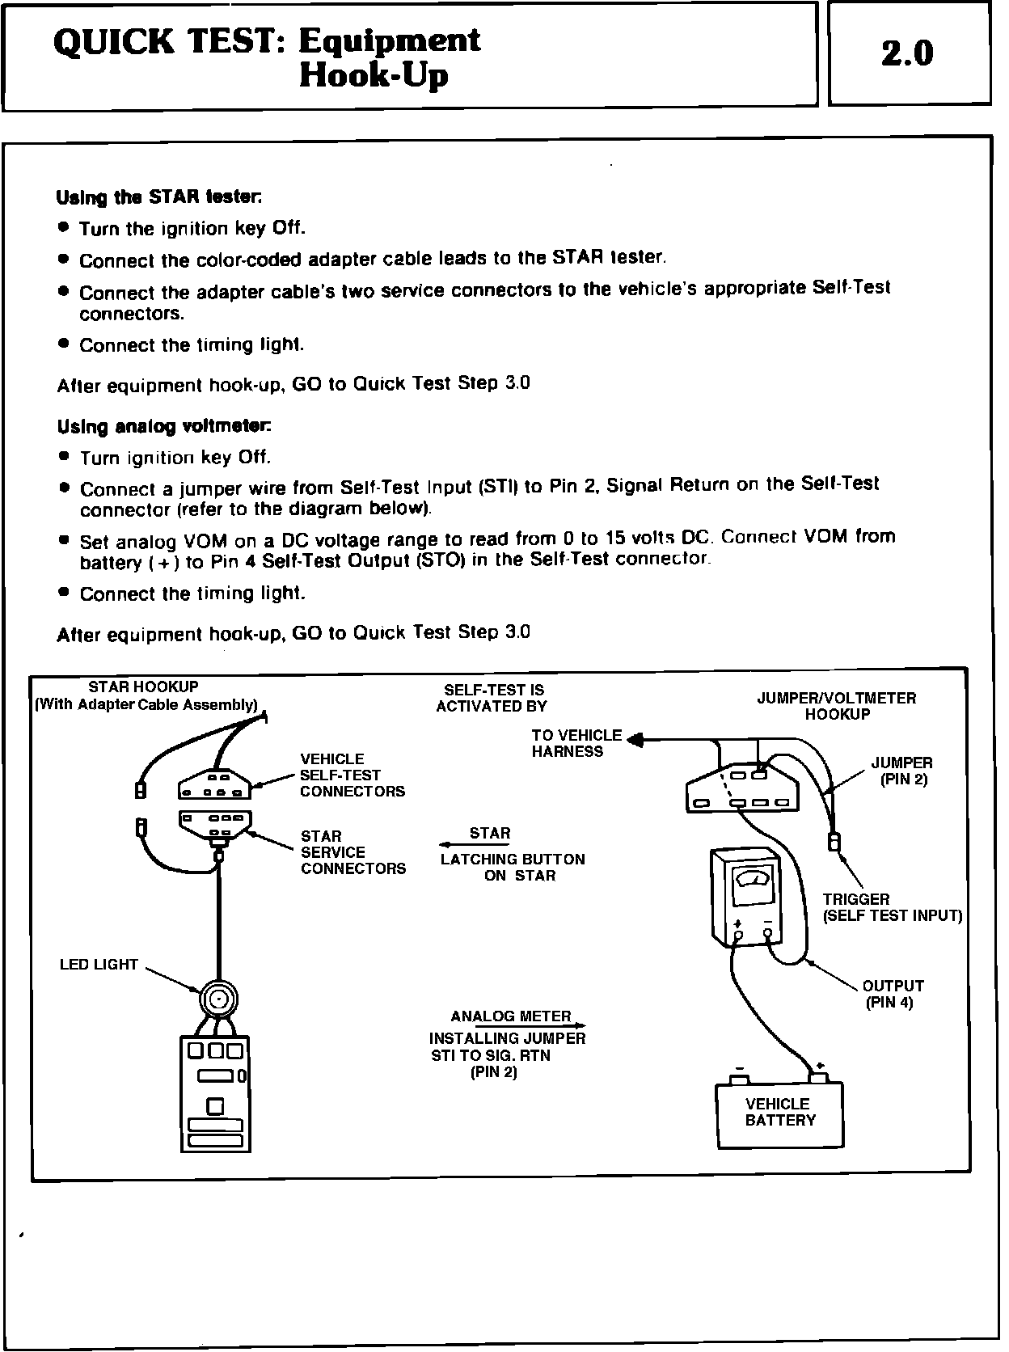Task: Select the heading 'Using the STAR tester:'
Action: [158, 196]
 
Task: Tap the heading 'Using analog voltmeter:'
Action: [164, 426]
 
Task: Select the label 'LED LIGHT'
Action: [99, 965]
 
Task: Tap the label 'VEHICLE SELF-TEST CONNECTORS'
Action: [352, 775]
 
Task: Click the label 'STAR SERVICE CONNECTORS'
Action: [353, 852]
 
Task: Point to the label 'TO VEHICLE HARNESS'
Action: [576, 743]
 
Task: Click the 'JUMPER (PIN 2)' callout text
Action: [901, 771]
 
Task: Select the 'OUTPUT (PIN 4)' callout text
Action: [893, 994]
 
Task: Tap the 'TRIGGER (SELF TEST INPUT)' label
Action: [892, 907]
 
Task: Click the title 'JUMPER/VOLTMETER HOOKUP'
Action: [837, 706]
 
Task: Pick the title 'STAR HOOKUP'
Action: [143, 687]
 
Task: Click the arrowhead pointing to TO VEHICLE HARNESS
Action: [635, 739]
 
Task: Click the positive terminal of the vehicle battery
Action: [819, 1077]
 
